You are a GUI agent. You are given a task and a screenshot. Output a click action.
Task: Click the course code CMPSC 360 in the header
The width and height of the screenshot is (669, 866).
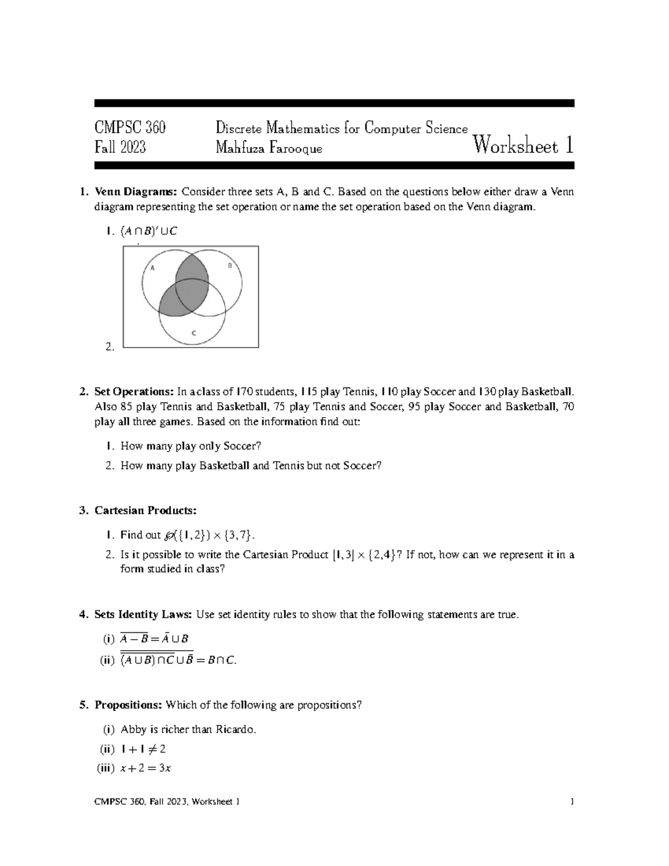click(x=130, y=128)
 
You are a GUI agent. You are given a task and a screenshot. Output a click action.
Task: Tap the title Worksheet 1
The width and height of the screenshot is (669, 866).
click(x=523, y=146)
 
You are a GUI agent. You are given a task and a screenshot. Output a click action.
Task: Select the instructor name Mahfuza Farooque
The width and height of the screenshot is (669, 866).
click(x=269, y=148)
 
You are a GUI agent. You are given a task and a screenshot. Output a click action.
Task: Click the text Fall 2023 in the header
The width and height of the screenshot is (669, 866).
click(x=120, y=148)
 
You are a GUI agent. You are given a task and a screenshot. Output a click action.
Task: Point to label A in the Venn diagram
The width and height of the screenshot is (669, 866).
click(x=152, y=268)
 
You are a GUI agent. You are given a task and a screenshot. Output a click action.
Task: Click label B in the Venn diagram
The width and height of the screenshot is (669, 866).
click(x=229, y=266)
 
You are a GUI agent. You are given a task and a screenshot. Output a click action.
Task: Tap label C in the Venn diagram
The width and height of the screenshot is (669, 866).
click(x=194, y=333)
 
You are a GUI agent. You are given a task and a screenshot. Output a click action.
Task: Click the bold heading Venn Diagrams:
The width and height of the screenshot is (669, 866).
click(x=135, y=192)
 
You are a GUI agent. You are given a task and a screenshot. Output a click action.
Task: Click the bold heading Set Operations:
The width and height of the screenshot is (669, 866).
click(x=134, y=392)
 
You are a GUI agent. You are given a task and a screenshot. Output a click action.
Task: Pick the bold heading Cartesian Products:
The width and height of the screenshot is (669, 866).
click(x=145, y=510)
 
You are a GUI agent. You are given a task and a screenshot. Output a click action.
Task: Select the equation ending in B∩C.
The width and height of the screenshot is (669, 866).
click(x=178, y=660)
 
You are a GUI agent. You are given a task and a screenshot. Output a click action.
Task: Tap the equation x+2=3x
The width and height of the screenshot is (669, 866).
click(x=146, y=768)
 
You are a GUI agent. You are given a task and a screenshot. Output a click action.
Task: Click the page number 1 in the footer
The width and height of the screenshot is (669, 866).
click(x=572, y=802)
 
